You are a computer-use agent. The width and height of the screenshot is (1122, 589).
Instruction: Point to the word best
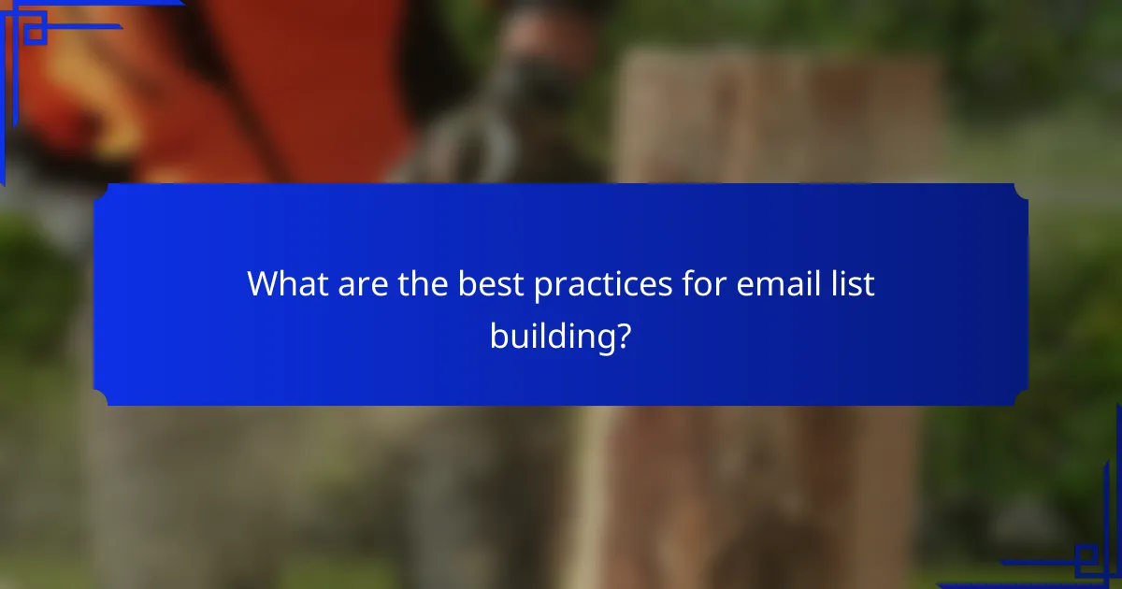(492, 285)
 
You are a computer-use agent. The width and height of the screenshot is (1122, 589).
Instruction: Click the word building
(552, 337)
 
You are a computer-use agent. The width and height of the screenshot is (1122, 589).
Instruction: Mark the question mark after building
(622, 337)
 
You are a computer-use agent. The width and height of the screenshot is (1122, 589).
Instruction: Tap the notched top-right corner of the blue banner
(1021, 191)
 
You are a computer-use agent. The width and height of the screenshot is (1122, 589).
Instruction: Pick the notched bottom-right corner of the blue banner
(1021, 398)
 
